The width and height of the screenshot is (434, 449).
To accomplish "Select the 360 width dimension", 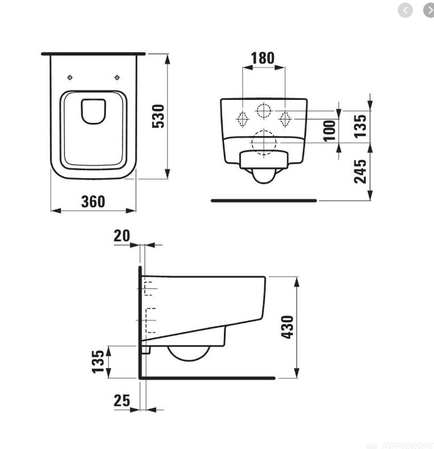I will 93,201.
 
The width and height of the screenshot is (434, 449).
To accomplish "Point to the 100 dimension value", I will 329,130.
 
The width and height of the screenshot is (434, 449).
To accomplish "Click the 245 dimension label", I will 360,171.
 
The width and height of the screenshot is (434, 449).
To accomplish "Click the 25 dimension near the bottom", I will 122,401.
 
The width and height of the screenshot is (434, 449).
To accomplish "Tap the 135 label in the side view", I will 98,362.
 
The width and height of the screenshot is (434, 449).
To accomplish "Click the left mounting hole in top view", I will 70,78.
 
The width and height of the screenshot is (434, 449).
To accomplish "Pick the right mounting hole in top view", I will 117,78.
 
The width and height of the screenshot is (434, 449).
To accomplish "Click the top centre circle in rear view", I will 263,110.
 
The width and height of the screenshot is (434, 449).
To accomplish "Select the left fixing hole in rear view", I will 242,118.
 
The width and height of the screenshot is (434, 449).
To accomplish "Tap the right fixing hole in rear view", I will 285,118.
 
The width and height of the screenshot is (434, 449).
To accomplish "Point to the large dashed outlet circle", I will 263,142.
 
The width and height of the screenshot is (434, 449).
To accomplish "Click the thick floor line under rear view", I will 263,201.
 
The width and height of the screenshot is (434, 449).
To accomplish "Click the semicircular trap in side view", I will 188,354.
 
